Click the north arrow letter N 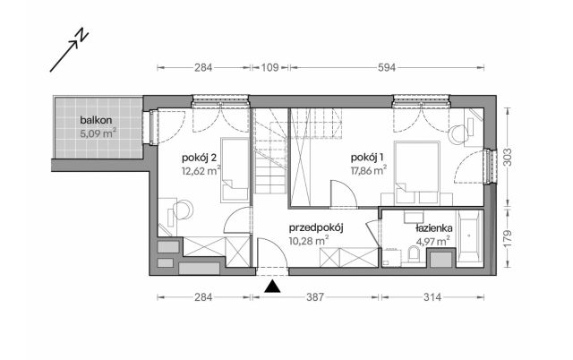81,35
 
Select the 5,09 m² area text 98,135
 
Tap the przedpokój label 317,228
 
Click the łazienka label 434,228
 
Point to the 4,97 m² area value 434,241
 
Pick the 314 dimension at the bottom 434,296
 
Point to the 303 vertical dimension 509,157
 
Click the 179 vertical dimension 509,239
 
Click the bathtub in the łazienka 471,239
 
